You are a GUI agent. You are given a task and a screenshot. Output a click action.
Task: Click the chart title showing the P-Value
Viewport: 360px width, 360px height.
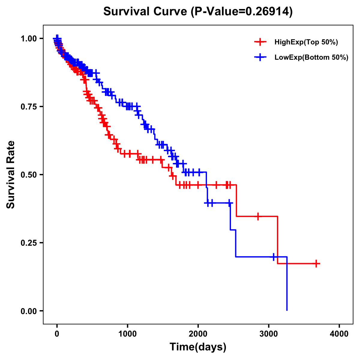pos(198,12)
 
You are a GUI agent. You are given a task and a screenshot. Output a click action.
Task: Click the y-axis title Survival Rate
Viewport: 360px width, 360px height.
pos(11,174)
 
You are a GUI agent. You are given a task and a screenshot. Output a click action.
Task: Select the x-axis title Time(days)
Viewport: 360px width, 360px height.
pos(198,347)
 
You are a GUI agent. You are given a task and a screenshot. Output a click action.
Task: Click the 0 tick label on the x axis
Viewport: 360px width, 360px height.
pos(57,334)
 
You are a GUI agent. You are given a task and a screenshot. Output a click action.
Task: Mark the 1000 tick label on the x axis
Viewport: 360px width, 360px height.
pos(127,334)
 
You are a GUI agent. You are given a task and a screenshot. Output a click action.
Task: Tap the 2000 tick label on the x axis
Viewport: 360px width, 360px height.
pos(198,334)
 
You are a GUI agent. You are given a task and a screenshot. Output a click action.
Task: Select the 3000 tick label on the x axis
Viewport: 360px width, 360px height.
pos(269,334)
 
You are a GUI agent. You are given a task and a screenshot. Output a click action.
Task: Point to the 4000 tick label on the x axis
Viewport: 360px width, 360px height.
pos(339,334)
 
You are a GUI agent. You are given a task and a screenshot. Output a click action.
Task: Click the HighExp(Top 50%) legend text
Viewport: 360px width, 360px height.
pos(306,42)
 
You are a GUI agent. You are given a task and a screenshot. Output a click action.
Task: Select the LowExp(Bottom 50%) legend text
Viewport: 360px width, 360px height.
pos(311,57)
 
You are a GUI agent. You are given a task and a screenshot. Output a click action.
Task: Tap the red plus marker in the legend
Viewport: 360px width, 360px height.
pos(260,42)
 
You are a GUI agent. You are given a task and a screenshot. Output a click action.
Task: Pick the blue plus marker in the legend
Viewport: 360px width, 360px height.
pos(260,57)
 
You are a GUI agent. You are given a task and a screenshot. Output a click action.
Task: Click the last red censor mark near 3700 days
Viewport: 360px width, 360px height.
pos(316,264)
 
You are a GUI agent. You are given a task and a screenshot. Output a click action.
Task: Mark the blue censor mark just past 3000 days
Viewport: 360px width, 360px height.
pos(274,257)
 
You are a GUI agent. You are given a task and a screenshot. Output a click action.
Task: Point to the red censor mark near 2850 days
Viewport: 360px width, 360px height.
pos(258,216)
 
